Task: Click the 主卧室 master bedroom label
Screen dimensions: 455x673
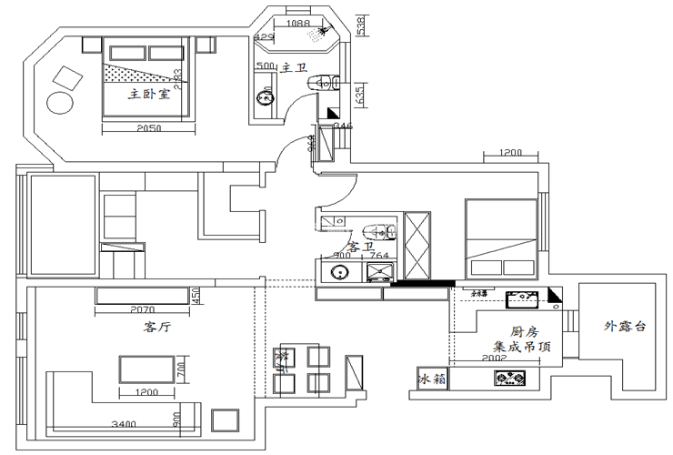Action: [149, 94]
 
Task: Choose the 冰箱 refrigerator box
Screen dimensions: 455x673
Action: [433, 379]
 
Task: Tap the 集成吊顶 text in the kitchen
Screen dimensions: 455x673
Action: [521, 347]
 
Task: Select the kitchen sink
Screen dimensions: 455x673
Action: [524, 297]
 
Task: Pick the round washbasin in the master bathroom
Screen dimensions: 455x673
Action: [265, 96]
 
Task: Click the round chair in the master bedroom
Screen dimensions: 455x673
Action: [60, 102]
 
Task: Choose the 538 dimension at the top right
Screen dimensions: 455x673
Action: [361, 25]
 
